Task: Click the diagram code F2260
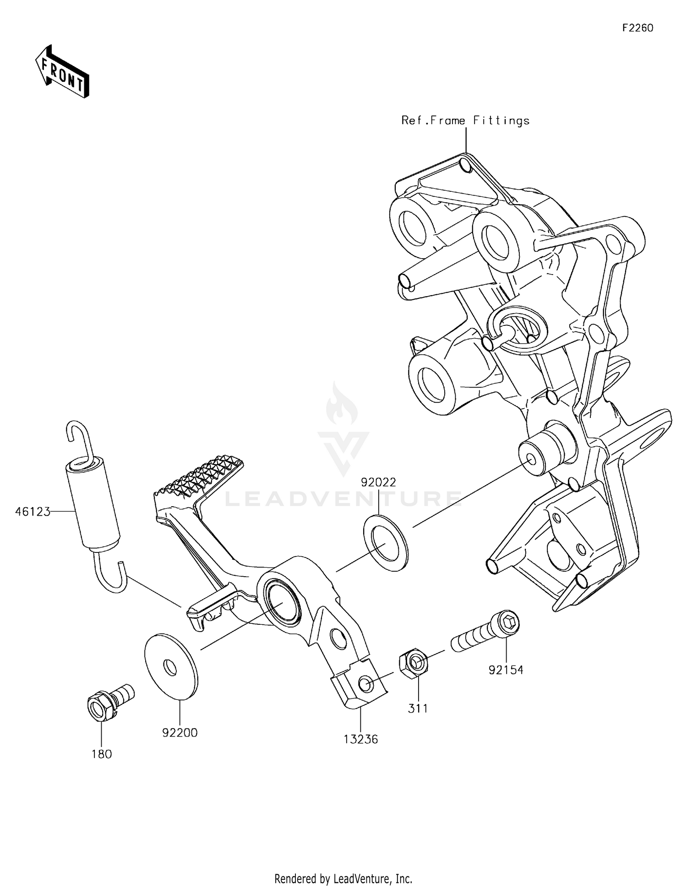[x=638, y=28]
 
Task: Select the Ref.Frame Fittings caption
[x=465, y=120]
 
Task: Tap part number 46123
[x=32, y=512]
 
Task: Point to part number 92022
[x=378, y=482]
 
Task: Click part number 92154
[x=506, y=670]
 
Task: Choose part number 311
[x=418, y=709]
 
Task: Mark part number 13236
[x=361, y=739]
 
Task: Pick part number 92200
[x=180, y=733]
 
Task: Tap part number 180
[x=102, y=754]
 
